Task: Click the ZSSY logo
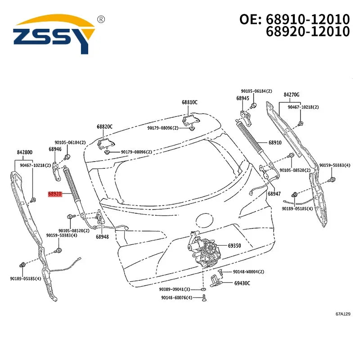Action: click(54, 35)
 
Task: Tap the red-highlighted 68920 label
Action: click(55, 194)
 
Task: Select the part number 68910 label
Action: click(275, 143)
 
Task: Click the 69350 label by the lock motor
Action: click(234, 246)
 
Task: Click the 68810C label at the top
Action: click(189, 102)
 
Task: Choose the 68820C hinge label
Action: click(104, 126)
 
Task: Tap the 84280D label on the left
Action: click(25, 152)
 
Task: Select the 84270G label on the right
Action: click(291, 94)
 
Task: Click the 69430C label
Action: click(242, 283)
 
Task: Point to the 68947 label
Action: click(274, 194)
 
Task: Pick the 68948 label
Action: click(102, 237)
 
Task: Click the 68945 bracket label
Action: click(243, 98)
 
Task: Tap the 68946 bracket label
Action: click(55, 149)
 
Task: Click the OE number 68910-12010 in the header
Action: click(308, 19)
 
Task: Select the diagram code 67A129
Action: click(343, 314)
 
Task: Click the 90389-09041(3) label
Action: click(175, 289)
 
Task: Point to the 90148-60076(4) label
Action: click(176, 298)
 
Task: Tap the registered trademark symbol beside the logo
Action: click(101, 19)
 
